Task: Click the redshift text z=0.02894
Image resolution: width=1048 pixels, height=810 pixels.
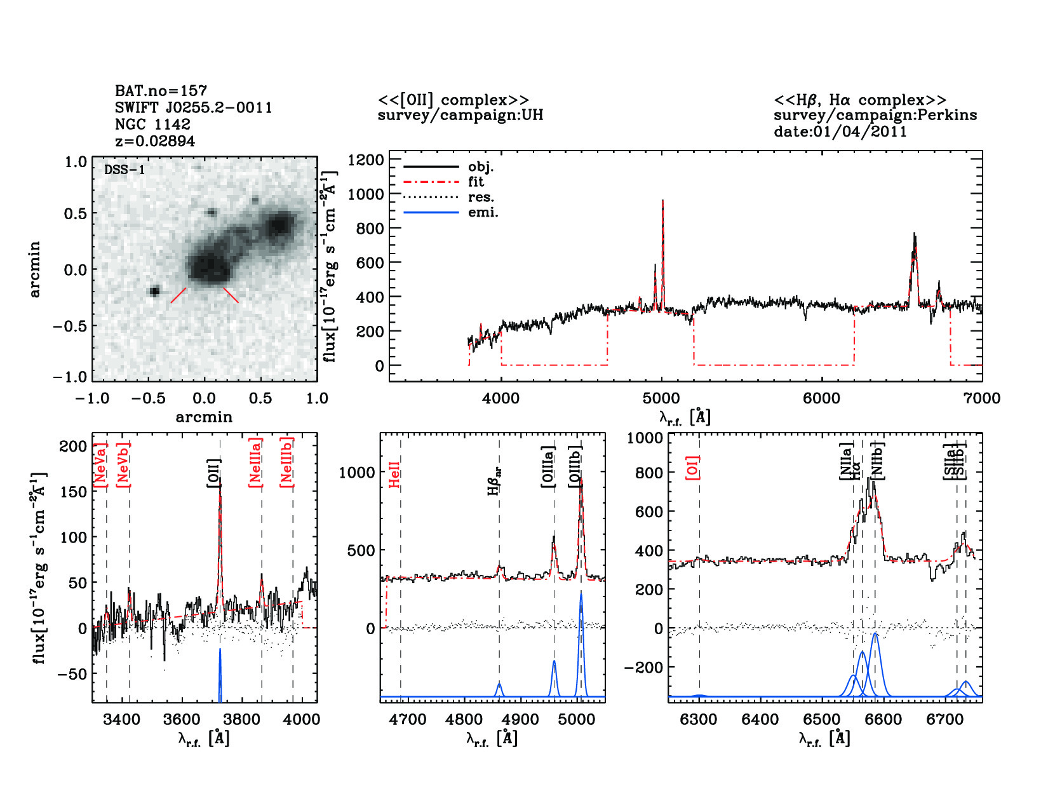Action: [155, 141]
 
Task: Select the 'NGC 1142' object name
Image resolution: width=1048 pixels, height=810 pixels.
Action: [152, 125]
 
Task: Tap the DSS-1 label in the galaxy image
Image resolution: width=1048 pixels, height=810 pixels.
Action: [124, 170]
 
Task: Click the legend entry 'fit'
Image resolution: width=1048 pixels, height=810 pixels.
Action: [476, 182]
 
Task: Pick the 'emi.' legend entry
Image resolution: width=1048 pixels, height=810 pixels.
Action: [483, 212]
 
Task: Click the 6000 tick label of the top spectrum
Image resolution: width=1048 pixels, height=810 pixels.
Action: [822, 399]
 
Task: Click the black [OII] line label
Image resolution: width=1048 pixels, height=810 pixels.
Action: [213, 473]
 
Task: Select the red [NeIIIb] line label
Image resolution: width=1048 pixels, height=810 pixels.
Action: [286, 462]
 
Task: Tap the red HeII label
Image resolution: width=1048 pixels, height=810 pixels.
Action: [394, 475]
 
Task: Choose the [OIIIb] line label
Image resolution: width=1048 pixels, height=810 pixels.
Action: [575, 466]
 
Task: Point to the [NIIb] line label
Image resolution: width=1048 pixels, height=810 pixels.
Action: [877, 460]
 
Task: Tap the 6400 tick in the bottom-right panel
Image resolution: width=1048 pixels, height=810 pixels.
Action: [760, 720]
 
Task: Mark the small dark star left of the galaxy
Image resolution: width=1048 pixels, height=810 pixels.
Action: [154, 292]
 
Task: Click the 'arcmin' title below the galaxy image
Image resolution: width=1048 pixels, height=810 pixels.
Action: [204, 417]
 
